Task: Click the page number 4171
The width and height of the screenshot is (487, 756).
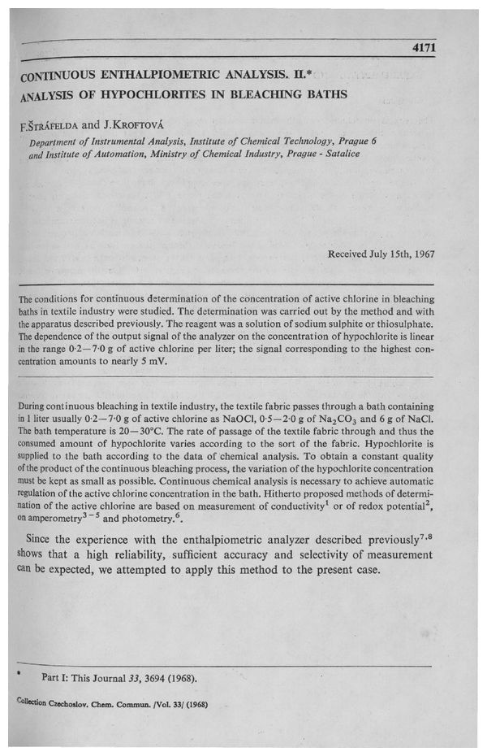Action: coord(425,49)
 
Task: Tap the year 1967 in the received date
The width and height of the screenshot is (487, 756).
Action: coord(422,254)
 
